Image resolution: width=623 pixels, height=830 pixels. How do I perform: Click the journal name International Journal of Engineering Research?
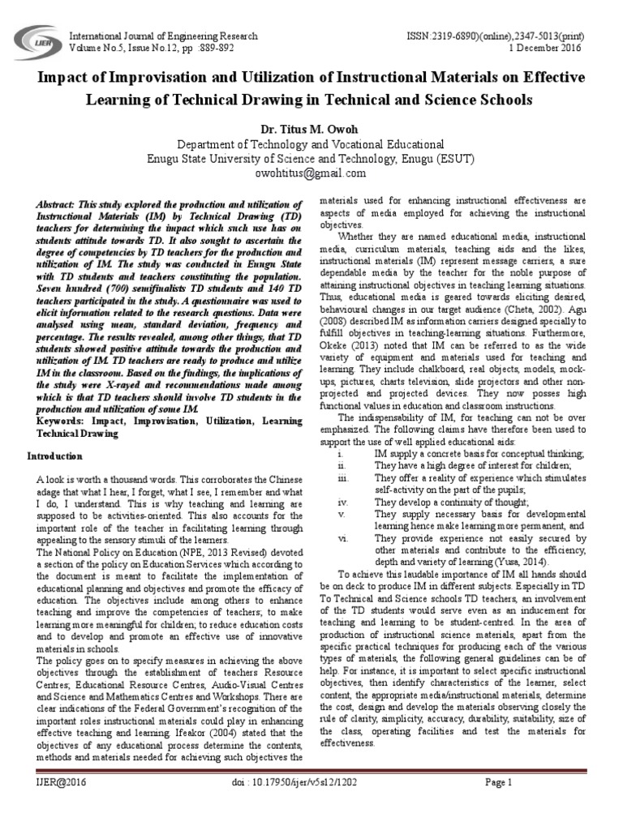tap(165, 36)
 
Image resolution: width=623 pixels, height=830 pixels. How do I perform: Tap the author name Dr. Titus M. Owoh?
tap(311, 128)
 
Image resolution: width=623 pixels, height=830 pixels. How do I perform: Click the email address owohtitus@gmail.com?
tap(311, 173)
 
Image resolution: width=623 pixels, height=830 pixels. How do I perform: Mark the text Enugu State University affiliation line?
tap(311, 158)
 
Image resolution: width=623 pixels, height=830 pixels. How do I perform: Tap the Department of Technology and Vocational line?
tap(311, 143)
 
